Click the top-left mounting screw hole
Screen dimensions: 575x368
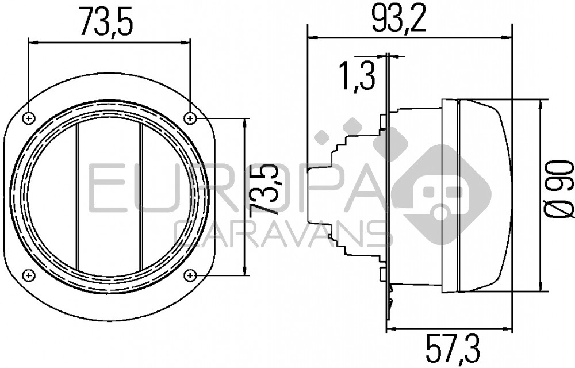[29, 118]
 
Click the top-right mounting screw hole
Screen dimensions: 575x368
[190, 118]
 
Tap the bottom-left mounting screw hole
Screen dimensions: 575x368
[29, 275]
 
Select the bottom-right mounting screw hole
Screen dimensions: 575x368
[190, 275]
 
